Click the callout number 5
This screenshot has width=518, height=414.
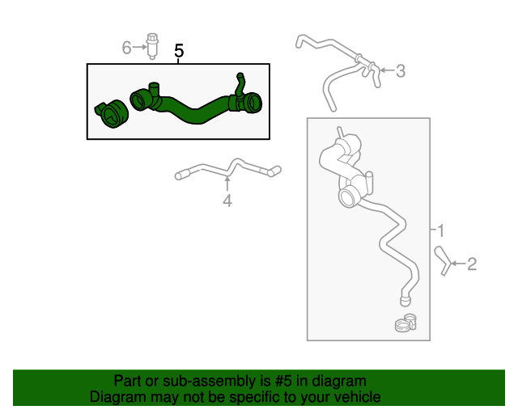(x=179, y=51)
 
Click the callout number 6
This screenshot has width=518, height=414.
(x=126, y=49)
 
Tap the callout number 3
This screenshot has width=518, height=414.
(x=400, y=71)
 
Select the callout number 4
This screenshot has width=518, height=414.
(x=227, y=201)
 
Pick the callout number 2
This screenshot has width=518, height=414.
(x=472, y=264)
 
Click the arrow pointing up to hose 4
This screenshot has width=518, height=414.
(x=227, y=184)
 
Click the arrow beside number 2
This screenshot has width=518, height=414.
(x=457, y=264)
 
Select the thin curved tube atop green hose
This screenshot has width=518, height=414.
(x=239, y=84)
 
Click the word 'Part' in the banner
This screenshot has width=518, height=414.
(x=127, y=381)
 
